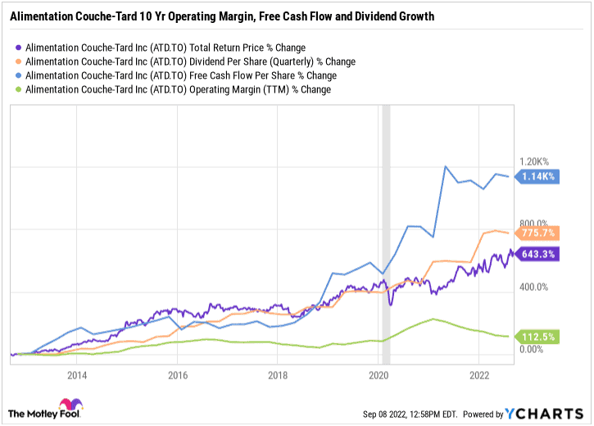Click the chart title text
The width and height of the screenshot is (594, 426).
coord(222,16)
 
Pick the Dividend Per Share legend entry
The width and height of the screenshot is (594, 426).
coord(190,61)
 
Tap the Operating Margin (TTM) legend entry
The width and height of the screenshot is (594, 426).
coord(178,89)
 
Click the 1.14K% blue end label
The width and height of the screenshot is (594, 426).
coord(537,176)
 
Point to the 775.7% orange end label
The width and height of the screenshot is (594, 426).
coord(537,233)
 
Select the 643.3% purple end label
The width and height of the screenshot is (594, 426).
coord(537,254)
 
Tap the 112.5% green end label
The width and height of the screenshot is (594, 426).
coord(537,336)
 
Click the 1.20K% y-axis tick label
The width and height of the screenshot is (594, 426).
coord(537,161)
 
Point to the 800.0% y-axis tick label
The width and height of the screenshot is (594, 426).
coord(537,223)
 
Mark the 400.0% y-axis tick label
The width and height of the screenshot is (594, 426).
coord(537,287)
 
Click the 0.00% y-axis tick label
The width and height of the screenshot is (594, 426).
coord(536,350)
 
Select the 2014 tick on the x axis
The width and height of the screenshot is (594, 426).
coord(77,375)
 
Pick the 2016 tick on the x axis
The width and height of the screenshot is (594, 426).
coord(177,375)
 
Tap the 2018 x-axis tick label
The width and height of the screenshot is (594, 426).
coord(278,375)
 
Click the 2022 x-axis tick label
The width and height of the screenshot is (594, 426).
coord(478,375)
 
